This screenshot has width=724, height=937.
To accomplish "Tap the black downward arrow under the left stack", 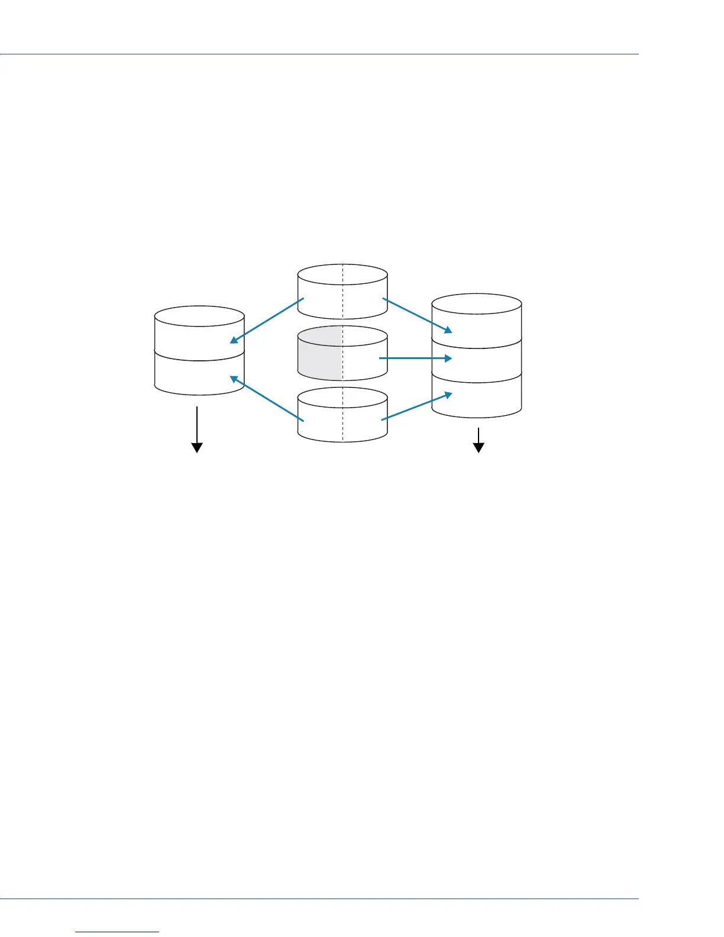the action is (x=197, y=429).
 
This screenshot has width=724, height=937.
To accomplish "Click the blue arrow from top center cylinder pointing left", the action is (x=267, y=320).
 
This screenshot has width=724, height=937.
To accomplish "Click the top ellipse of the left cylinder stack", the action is (x=199, y=316).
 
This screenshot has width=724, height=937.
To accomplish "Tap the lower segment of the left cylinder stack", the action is (x=199, y=376).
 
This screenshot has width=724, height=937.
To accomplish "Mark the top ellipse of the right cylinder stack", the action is (x=477, y=303).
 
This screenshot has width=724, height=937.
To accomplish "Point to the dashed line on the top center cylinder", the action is (x=343, y=293).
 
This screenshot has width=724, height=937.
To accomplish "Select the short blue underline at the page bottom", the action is (x=118, y=932).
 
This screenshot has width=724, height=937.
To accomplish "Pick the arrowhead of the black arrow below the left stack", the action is (x=197, y=447).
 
